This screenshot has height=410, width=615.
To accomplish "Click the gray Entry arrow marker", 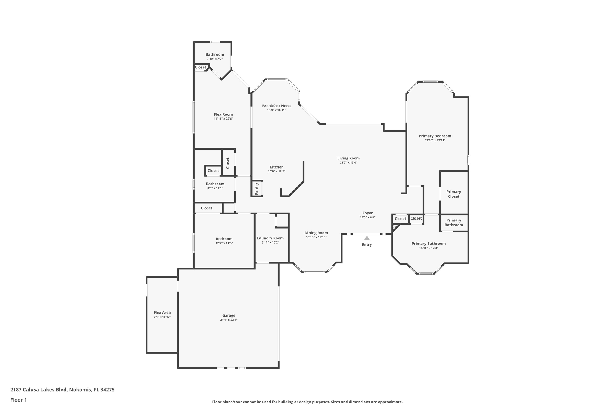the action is (x=367, y=238).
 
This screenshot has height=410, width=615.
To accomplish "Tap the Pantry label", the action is (x=256, y=189).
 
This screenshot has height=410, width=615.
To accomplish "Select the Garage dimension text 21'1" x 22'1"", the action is (x=229, y=320).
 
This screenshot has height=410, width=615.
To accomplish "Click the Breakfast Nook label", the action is (x=277, y=106).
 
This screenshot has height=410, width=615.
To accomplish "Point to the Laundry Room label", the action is (x=270, y=238).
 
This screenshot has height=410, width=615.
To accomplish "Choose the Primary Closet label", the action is (x=453, y=194).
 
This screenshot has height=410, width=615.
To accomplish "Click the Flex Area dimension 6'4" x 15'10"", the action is (x=162, y=317).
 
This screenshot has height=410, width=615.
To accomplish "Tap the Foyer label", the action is (x=368, y=213).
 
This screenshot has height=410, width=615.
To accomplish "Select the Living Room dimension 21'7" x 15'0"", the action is (x=348, y=163).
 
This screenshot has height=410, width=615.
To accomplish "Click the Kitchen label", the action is (x=277, y=167).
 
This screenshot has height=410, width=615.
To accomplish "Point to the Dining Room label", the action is (x=316, y=233).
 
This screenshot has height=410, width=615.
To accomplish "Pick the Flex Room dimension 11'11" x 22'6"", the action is (x=223, y=119).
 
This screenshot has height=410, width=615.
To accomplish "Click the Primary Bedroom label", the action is (x=435, y=136).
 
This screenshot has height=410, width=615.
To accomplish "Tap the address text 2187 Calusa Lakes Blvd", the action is (x=38, y=390).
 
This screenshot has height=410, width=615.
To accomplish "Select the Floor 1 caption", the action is (x=18, y=400).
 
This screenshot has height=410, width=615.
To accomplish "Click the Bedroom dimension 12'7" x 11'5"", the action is (x=224, y=243).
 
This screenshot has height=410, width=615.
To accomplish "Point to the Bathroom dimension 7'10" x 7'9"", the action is (x=215, y=59).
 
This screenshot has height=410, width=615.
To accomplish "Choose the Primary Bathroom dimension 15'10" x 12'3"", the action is (x=429, y=248).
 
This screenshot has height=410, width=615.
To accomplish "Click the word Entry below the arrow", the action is (x=367, y=245).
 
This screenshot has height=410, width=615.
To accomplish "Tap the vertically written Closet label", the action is (x=228, y=163).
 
